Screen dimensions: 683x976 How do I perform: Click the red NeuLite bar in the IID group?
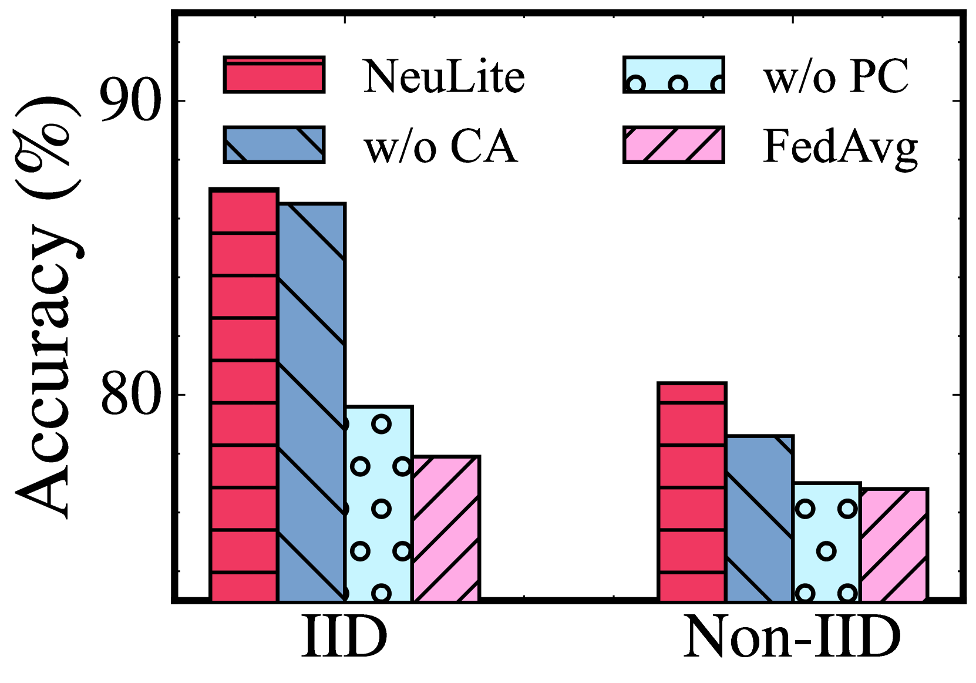click(x=244, y=395)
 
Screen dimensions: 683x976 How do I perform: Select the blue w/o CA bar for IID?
click(x=311, y=402)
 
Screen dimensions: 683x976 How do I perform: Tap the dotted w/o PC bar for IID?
click(x=379, y=503)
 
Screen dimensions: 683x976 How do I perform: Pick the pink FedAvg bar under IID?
click(x=446, y=528)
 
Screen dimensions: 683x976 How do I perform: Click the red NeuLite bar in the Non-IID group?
click(x=692, y=492)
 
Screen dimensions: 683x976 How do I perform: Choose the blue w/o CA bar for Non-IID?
click(x=759, y=518)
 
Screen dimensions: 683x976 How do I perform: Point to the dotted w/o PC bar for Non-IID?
click(x=826, y=541)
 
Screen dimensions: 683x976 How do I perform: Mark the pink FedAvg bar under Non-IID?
click(x=894, y=544)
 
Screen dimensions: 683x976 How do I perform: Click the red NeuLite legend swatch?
click(x=274, y=75)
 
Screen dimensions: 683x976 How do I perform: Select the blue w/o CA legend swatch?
click(x=274, y=144)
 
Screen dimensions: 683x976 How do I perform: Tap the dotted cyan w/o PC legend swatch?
click(x=674, y=75)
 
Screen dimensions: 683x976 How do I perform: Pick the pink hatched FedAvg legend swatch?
click(x=674, y=144)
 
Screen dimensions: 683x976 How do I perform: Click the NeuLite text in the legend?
click(x=444, y=76)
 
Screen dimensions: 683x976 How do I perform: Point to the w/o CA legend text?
click(x=440, y=146)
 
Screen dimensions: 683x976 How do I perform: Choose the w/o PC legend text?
click(x=836, y=76)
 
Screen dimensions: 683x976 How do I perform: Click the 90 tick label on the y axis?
click(x=130, y=101)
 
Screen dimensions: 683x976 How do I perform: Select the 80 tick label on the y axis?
click(x=130, y=394)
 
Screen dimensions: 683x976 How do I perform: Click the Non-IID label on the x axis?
click(x=792, y=637)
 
